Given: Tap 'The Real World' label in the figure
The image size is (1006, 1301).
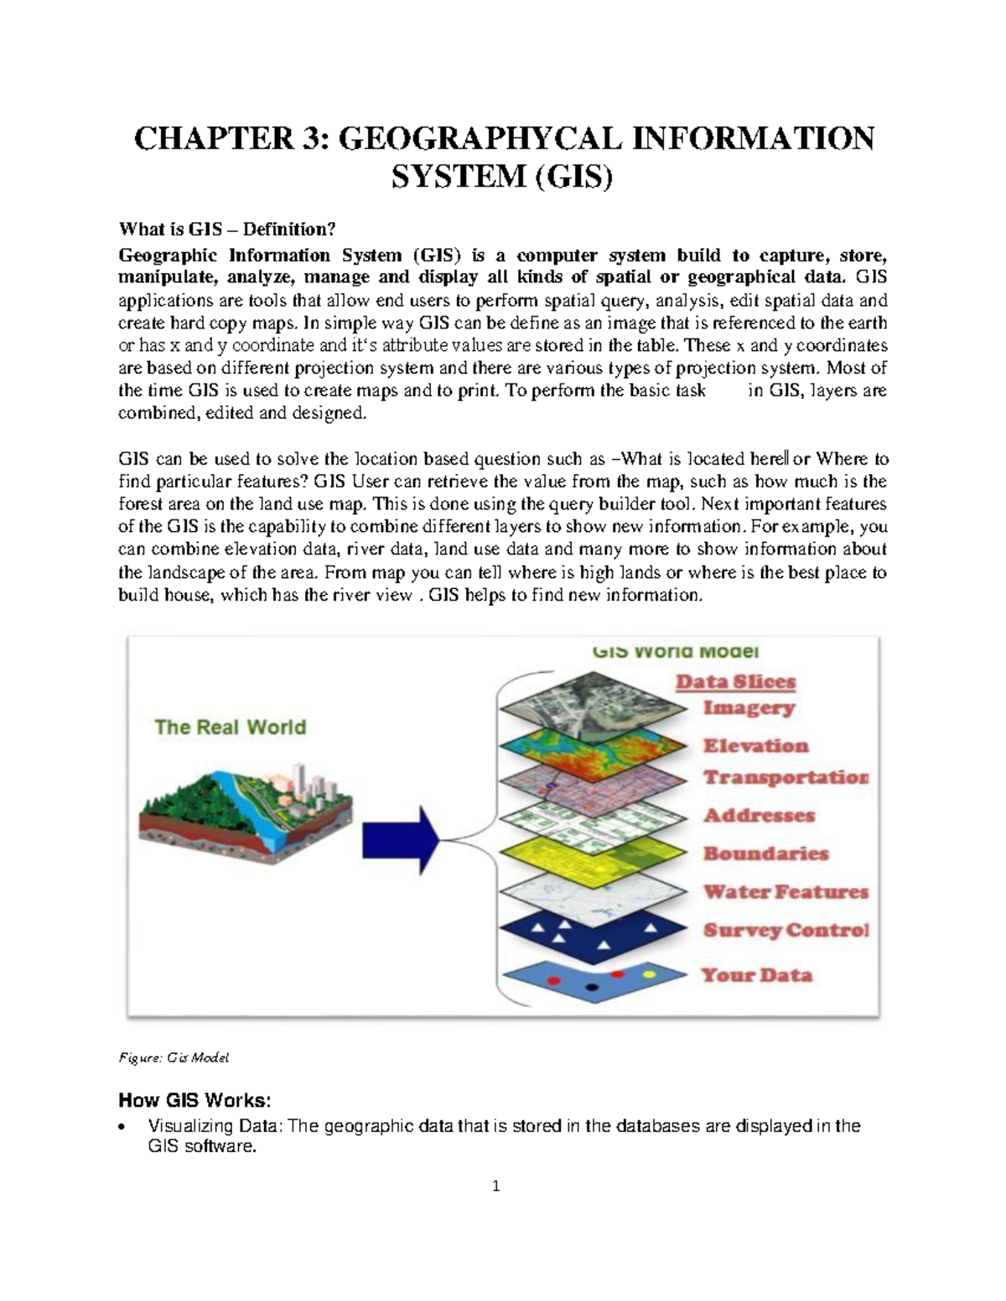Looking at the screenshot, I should coord(230,726).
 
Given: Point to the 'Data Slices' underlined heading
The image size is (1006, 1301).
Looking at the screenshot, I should coord(735,682).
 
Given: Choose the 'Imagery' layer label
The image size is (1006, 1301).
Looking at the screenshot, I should coord(749,708).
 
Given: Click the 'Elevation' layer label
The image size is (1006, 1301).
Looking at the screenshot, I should coord(755,746).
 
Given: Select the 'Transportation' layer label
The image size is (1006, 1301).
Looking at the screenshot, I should coord(786,777).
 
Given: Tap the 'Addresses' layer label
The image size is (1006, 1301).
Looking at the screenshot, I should coord(759,815).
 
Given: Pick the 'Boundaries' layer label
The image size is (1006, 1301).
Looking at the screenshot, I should coord(765,854).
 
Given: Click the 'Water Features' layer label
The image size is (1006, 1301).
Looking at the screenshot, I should coord(786,892).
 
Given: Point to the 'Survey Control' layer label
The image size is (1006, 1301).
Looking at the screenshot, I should coord(786,931).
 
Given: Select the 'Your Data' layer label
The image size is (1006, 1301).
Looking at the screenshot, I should coord(756,975).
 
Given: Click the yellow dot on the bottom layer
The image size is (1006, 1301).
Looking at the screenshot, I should coord(647,975).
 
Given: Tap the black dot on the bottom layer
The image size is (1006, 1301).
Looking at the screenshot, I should coord(592,987).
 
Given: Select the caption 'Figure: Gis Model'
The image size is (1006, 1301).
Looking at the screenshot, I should coord(174,1057).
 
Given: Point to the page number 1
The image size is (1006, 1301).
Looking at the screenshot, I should coord(496,1185).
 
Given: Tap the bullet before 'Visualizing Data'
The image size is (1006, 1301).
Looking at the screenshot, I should coord(124,1127).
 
